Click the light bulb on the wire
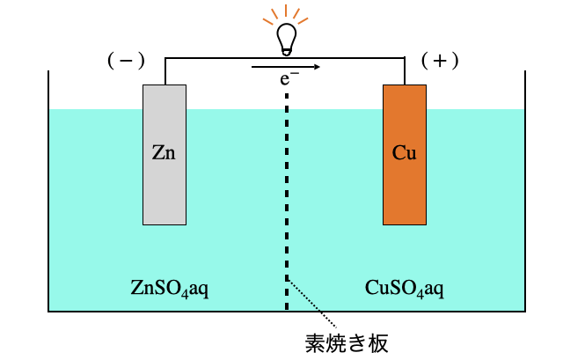pos(286,38)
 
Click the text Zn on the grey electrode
pos(164,152)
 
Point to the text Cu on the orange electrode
pos(405,152)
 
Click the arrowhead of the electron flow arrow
pos(315,66)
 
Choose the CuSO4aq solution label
pos(404,288)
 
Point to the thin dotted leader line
pos(312,304)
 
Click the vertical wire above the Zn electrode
pos(165,71)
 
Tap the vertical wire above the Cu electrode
pos(405,71)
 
